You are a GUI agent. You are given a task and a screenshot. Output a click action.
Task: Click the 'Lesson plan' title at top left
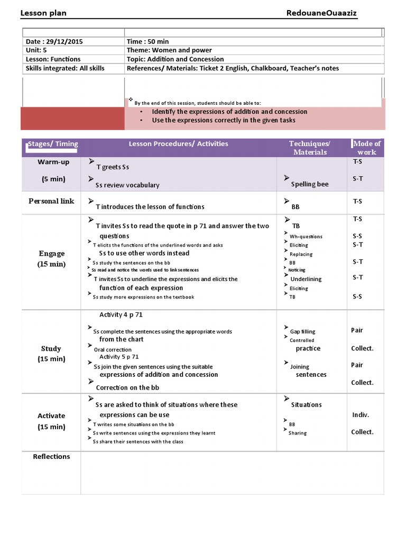coord(43,13)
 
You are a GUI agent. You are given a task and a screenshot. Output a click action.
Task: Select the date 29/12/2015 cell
coord(54,41)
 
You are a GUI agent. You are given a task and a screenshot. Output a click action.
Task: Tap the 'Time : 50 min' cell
coord(147,41)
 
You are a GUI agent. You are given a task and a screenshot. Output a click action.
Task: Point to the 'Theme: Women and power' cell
coord(168,50)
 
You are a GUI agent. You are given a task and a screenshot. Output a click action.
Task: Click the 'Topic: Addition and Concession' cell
coord(175,59)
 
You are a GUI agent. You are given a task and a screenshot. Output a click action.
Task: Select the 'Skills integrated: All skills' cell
coord(65,68)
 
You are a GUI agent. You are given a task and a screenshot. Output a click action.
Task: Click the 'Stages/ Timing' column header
coord(52,144)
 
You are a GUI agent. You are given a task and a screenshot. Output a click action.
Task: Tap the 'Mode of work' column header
coord(367,148)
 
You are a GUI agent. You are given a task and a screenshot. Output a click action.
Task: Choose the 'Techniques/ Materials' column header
coord(310,148)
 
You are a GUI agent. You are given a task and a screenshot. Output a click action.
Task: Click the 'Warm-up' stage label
coord(53,162)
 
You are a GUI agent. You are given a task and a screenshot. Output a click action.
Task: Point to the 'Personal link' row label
coord(51,201)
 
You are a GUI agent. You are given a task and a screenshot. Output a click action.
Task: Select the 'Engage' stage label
coord(52,254)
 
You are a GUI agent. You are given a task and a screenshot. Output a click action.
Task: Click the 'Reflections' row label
coord(51,457)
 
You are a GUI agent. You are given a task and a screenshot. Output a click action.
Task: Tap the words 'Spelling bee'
coord(310,184)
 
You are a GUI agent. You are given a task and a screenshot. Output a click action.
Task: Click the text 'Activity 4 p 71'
coord(121,315)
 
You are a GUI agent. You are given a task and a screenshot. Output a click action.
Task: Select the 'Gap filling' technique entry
coord(302,332)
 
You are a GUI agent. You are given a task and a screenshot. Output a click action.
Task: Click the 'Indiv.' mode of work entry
coord(361,415)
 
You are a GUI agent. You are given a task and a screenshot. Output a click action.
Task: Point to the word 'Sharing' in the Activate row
coord(298,433)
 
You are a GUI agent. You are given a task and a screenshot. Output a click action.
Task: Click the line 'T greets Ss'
coord(113,167)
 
